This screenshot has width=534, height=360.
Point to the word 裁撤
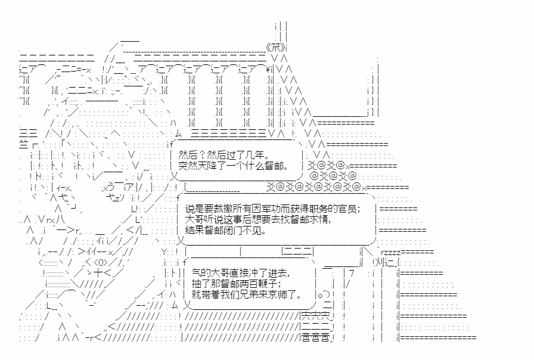pyautogui.click(x=218, y=209)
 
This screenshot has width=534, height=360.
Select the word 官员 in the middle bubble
pyautogui.click(x=347, y=209)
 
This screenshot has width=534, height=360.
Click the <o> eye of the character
pyautogui.click(x=99, y=262)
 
